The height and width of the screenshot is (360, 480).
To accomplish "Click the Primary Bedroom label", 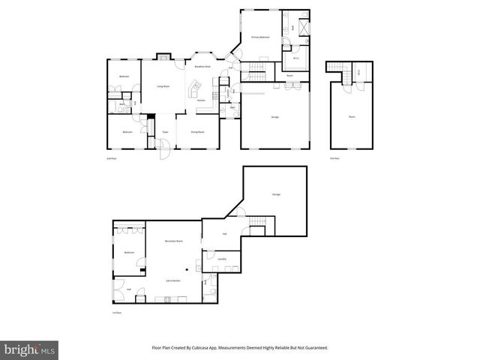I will coord(259,37).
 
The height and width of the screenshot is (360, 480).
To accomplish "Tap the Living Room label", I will coord(161,87).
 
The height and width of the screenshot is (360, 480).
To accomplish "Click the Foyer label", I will coord(164,132).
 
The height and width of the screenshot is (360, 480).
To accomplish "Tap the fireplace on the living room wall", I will coord(163,56).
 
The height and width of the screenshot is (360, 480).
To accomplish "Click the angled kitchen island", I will coord(196,93).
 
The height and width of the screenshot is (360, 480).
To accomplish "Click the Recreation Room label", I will coord(175,241).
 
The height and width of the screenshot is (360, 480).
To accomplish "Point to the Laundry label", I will coord(222,259).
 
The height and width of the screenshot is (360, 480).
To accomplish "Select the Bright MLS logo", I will coord(30,349).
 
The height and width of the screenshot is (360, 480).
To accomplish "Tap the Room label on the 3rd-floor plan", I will coord(351,115).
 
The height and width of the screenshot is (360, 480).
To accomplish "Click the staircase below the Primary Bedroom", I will coord(257,71).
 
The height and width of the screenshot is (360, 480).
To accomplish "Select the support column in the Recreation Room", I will coord(187,268).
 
